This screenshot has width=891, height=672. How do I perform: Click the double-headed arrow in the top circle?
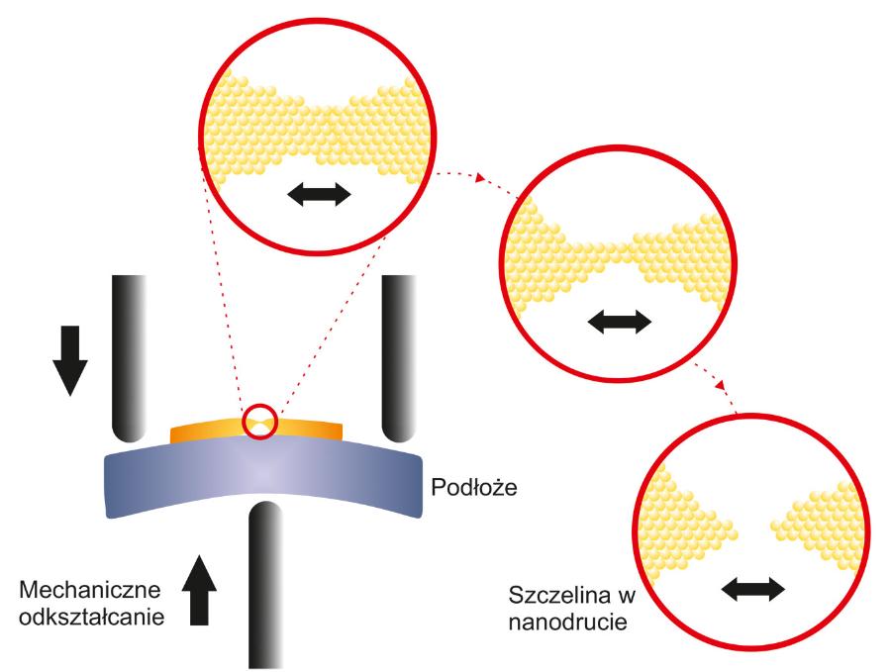[319, 194]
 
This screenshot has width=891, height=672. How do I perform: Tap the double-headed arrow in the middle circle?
[619, 321]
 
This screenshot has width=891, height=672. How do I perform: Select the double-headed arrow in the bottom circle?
[752, 590]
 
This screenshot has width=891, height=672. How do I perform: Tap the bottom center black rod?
[264, 584]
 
